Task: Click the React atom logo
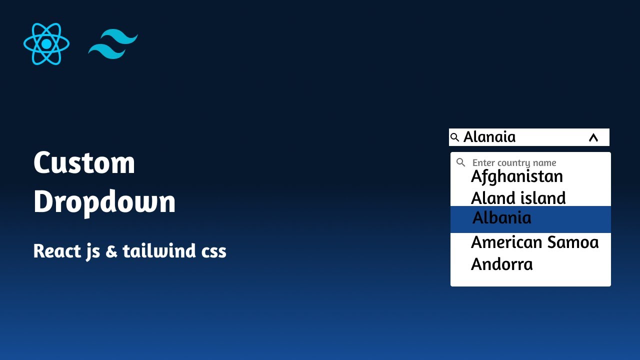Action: pyautogui.click(x=46, y=44)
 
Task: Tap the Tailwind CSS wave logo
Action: pyautogui.click(x=113, y=44)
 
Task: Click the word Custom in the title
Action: pyautogui.click(x=84, y=163)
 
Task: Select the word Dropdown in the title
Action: pyautogui.click(x=104, y=202)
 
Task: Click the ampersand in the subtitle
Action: pyautogui.click(x=111, y=251)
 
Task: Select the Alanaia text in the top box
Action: pyautogui.click(x=489, y=137)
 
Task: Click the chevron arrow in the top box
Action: pyautogui.click(x=593, y=137)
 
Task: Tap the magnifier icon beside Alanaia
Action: pyautogui.click(x=454, y=137)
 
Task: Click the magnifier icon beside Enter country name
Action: pyautogui.click(x=461, y=162)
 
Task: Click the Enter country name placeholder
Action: pyautogui.click(x=514, y=163)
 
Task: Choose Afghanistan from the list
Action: pyautogui.click(x=517, y=176)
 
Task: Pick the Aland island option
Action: pyautogui.click(x=518, y=198)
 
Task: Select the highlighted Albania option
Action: pyautogui.click(x=501, y=218)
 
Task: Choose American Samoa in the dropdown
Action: pyautogui.click(x=534, y=242)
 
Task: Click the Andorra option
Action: pyautogui.click(x=501, y=264)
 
